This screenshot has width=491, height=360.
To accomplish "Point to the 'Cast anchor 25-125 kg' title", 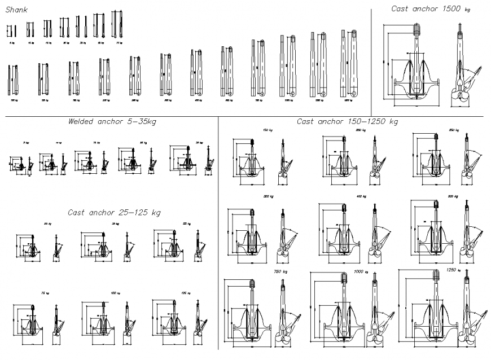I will point(114,213).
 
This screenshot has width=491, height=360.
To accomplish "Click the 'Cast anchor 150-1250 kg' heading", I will point(347,121).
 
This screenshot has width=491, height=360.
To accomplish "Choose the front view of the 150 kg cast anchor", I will point(251,161).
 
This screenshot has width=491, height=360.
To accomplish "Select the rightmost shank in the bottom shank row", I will point(347,65).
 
